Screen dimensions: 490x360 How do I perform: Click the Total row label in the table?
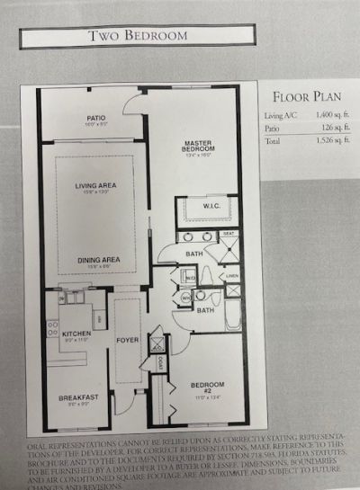point(274,140)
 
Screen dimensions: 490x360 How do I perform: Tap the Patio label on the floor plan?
point(96,118)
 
